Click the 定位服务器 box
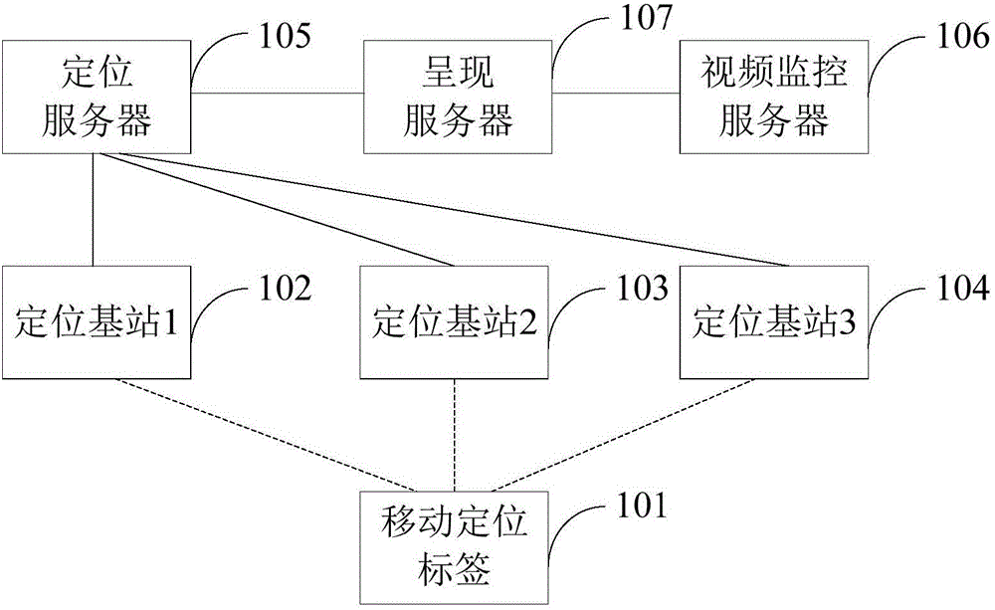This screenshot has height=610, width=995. [95, 97]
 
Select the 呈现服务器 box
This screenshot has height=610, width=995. [458, 97]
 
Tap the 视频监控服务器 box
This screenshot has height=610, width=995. [773, 97]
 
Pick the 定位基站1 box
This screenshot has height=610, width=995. [97, 322]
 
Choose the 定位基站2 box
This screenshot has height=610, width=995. [456, 322]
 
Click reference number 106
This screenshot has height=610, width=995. [957, 37]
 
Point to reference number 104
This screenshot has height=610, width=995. [957, 289]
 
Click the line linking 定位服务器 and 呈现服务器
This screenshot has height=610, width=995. [276, 94]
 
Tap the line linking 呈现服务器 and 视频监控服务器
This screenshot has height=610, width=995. [617, 94]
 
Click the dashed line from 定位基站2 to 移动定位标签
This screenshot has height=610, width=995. [455, 438]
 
